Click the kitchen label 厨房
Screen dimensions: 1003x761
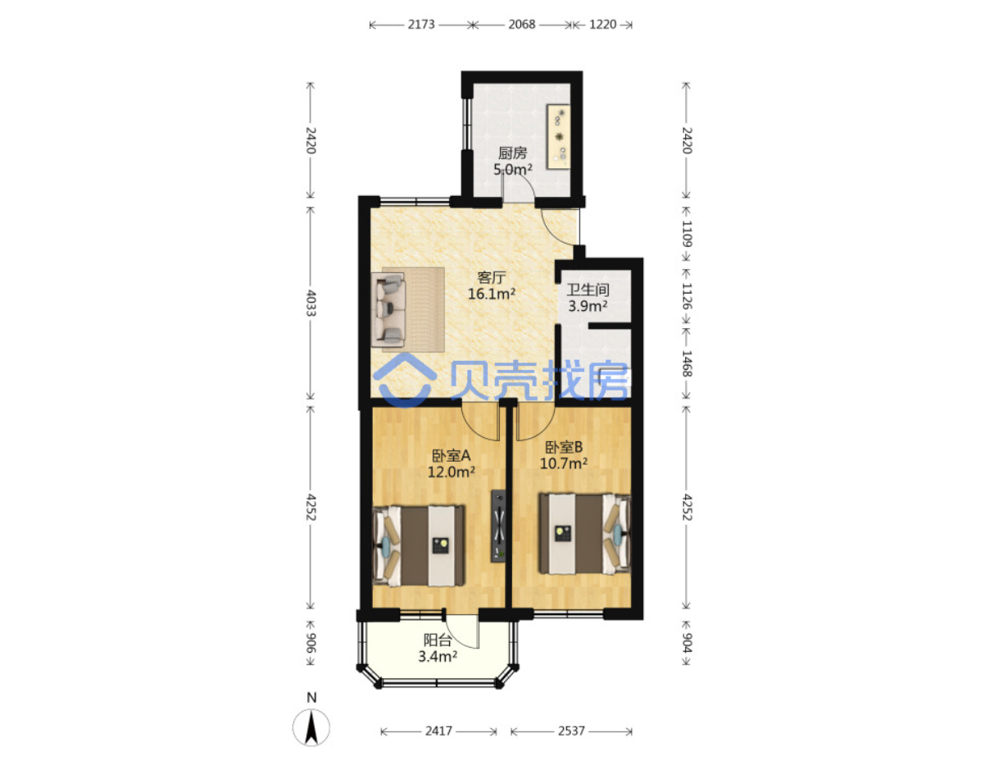[x=512, y=153]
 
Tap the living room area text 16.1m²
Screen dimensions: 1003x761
[x=491, y=293]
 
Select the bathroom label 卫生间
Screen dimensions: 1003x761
[x=588, y=289]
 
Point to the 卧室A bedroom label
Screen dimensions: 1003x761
[x=451, y=455]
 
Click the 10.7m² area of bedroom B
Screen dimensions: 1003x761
[x=563, y=463]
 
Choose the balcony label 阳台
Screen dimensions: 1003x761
[x=437, y=640]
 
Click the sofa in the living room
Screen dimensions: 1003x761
[x=388, y=309]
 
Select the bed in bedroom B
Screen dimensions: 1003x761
[x=584, y=533]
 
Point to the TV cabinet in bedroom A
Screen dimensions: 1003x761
[x=497, y=526]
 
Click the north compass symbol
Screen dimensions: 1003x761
[x=311, y=727]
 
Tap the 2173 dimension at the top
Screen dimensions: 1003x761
[x=420, y=25]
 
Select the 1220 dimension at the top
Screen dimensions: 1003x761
[x=601, y=25]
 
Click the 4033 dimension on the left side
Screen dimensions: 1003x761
[x=311, y=303]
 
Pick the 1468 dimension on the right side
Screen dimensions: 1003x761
[x=686, y=363]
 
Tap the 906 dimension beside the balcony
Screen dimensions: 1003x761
[x=311, y=642]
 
